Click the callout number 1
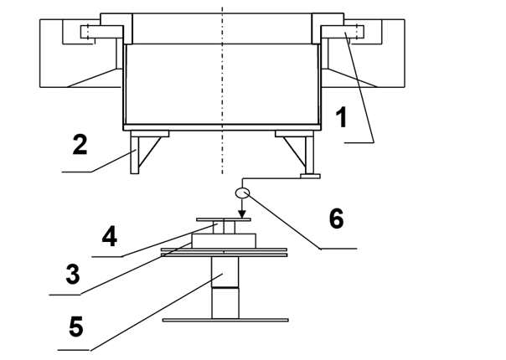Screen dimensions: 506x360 pos(341,117)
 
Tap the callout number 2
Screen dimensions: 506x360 pos(80,145)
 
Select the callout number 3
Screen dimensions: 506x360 pos(73,274)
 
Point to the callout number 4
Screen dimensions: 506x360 pos(110,236)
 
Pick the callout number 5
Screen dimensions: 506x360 pos(76,327)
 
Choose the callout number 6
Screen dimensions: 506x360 pos(337,219)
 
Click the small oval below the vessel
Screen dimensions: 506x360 pos(242,193)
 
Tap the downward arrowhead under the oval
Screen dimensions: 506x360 pos(242,213)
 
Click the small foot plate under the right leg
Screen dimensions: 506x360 pos(310,176)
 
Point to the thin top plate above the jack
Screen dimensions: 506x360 pos(224,219)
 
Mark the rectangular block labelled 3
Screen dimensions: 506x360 pos(224,241)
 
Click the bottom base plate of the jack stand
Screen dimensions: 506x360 pos(225,320)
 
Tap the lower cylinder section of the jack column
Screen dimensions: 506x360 pos(225,303)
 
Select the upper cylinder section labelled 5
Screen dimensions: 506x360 pos(225,272)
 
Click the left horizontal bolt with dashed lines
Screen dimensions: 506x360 pos(101,32)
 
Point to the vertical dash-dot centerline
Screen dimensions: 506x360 pos(222,90)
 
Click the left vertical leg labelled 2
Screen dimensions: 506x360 pos(134,155)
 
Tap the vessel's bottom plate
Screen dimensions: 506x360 pos(222,127)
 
